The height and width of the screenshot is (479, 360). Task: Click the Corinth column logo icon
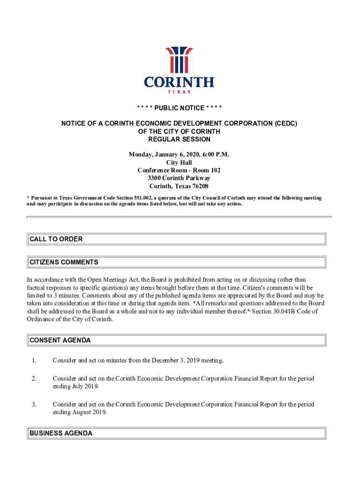[x=179, y=59]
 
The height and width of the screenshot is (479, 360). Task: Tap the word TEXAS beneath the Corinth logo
[x=179, y=92]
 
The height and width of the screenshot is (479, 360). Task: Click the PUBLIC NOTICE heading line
[x=180, y=108]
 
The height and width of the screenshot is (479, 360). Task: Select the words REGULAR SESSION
[x=180, y=139]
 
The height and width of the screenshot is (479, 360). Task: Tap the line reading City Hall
[x=179, y=162]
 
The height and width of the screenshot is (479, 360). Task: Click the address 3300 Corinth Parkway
[x=179, y=178]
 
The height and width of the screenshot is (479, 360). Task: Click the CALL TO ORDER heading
[x=56, y=239]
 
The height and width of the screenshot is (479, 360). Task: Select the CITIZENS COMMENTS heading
[x=64, y=262]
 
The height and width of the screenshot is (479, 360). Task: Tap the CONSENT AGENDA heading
[x=60, y=340]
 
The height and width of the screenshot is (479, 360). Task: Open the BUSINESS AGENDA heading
[x=61, y=433]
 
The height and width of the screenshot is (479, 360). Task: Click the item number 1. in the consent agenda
[x=34, y=360]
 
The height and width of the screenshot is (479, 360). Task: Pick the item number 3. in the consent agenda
[x=34, y=404]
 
